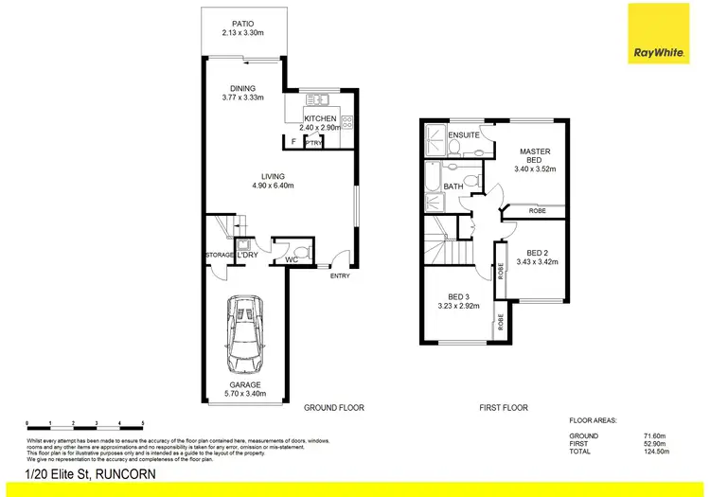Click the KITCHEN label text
pos(321,118)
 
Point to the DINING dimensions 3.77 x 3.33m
pos(241,98)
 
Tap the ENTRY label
pos(340,275)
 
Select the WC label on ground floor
pos(293,257)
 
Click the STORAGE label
pos(220,256)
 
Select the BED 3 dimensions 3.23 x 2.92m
pos(458,306)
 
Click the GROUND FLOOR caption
pos(333,408)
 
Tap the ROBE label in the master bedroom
pos(537,210)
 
